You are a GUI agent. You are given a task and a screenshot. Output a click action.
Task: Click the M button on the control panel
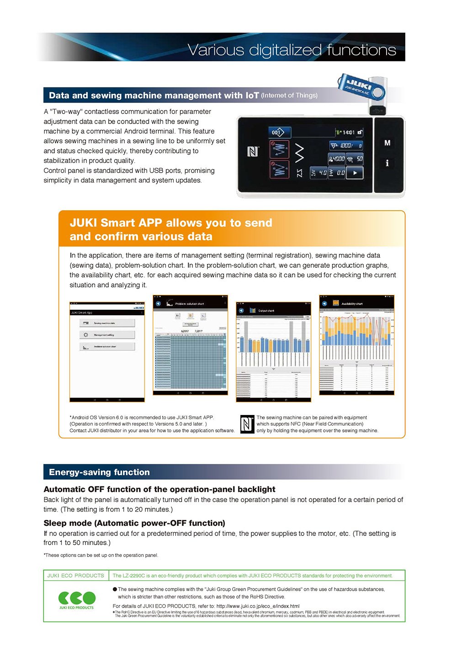[x=388, y=143]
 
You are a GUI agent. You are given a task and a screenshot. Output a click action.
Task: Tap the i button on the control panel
[x=388, y=163]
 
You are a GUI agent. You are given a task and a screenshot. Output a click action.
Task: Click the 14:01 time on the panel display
[x=348, y=132]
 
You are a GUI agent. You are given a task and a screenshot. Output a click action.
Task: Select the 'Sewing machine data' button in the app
[x=107, y=323]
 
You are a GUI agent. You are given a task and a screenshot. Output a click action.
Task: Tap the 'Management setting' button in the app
[x=107, y=335]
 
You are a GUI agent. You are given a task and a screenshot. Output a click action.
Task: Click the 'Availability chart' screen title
[x=352, y=303]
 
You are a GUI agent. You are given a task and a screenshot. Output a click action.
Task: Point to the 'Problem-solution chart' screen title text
[x=190, y=303]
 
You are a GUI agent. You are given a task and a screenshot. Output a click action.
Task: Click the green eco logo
[x=76, y=598]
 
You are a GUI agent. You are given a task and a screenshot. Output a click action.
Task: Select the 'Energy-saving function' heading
[x=99, y=472]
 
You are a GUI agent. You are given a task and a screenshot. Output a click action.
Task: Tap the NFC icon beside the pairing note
[x=247, y=424]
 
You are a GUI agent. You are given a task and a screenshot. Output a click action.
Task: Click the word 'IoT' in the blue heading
[x=252, y=95]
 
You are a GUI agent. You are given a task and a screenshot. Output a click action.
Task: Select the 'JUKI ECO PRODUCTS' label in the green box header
[x=76, y=576]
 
